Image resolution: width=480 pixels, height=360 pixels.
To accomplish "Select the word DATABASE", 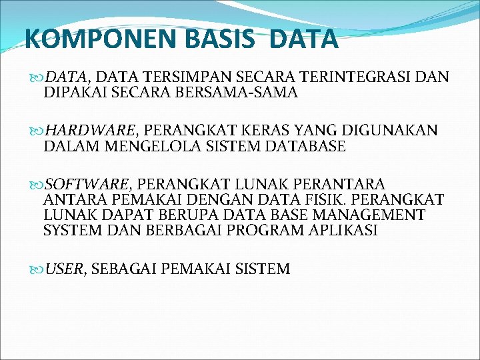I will pyautogui.click(x=305, y=146).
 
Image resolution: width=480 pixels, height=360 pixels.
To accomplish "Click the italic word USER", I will pyautogui.click(x=65, y=269).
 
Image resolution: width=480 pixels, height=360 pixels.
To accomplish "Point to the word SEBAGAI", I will pyautogui.click(x=123, y=269).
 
